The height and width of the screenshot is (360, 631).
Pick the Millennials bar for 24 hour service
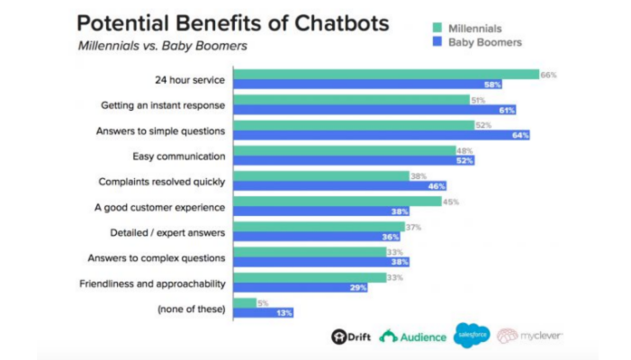pos(385,75)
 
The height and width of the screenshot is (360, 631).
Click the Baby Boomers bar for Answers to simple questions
pos(381,135)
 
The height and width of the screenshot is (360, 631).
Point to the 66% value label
pos(548,75)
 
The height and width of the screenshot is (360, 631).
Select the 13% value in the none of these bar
pos(284,312)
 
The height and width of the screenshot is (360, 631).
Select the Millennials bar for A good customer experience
pos(337,202)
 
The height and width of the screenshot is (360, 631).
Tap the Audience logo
pos(413,337)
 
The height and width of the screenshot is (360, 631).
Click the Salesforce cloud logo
pos(472,335)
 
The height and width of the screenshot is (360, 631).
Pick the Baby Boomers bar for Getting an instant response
pos(374,110)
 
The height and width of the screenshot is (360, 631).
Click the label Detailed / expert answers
pos(167,232)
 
